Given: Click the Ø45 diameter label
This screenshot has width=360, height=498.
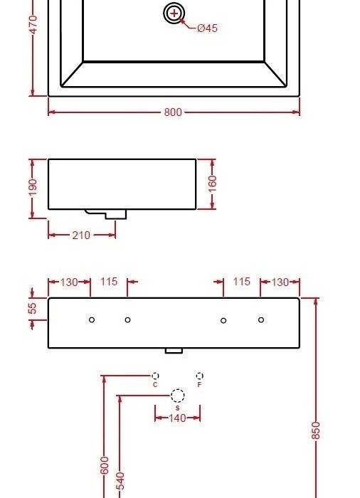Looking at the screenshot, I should coord(207,28).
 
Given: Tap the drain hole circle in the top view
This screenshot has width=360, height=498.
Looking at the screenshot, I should coord(174,14).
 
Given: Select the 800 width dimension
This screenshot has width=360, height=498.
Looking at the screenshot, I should coord(173,112).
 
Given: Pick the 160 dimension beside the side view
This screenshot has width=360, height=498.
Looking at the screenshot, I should coord(212,184).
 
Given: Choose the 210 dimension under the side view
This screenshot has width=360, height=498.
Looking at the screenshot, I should coord(81,235).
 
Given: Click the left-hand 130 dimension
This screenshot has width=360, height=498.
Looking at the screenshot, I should coord(69,282).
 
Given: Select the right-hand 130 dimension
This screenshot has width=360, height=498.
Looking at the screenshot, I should coord(280,282).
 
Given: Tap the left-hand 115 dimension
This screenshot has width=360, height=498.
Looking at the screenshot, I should coord(108,282).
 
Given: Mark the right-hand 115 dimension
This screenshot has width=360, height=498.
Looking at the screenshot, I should coord(242,282).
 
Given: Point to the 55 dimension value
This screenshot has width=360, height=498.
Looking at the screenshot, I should coord(33,309).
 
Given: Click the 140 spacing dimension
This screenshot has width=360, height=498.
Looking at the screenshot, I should coord(177,418).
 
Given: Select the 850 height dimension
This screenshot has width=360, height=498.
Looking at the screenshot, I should coord(317,430).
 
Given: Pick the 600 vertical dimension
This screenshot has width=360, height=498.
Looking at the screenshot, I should coord(105,466).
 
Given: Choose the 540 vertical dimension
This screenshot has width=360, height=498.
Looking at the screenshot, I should coord(120,480).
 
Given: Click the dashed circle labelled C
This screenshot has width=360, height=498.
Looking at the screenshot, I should coord(155,376).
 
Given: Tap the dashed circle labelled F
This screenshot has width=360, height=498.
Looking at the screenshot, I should coord(199,376).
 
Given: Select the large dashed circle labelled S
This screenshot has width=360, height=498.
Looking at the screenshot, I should coord(177,396).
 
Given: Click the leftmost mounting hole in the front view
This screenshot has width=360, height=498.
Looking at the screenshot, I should coord(92,320).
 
